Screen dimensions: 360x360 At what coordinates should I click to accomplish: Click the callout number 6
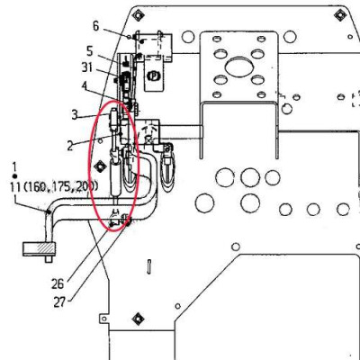[x=97, y=26]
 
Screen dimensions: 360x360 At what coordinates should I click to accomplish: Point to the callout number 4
[x=85, y=87]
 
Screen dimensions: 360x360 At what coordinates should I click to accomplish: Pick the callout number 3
[x=76, y=115]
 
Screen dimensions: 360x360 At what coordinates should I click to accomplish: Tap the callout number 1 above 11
[x=15, y=166]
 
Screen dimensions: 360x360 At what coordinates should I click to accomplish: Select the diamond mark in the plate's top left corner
[x=137, y=15]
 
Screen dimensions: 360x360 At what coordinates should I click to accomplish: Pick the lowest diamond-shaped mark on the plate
[x=137, y=316]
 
